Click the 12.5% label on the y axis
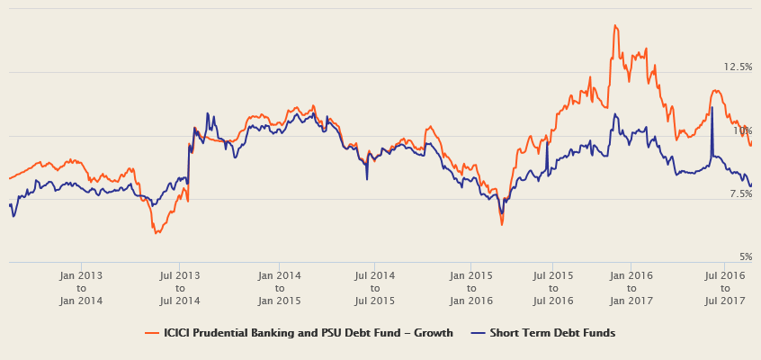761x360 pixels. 738,67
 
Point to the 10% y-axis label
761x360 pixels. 741,131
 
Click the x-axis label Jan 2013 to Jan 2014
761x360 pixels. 81,288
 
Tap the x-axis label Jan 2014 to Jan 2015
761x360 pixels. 280,288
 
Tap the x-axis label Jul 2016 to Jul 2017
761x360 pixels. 725,288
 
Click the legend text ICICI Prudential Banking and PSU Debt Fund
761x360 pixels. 308,333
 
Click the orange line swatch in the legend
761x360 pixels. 152,333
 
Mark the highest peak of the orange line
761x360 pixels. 615,25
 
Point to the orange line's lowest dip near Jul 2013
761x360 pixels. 156,233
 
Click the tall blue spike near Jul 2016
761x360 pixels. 712,107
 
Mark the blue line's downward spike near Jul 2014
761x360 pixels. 367,180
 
